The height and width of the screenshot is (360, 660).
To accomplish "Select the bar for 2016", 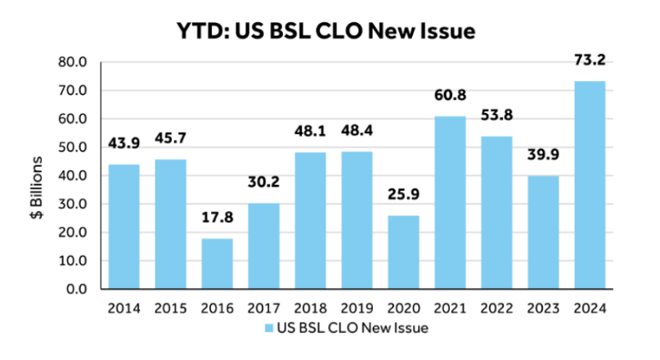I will click(217, 263).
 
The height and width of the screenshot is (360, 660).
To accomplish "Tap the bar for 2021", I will click(450, 203).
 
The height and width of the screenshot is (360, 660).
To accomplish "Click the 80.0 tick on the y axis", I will click(73, 62).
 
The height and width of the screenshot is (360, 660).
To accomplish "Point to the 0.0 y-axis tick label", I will click(77, 290).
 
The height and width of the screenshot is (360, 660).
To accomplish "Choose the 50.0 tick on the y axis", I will click(73, 147).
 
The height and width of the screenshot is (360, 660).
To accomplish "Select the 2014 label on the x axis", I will click(123, 309).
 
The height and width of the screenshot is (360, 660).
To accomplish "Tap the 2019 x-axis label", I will click(357, 309).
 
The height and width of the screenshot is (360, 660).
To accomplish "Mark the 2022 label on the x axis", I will click(496, 309).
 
